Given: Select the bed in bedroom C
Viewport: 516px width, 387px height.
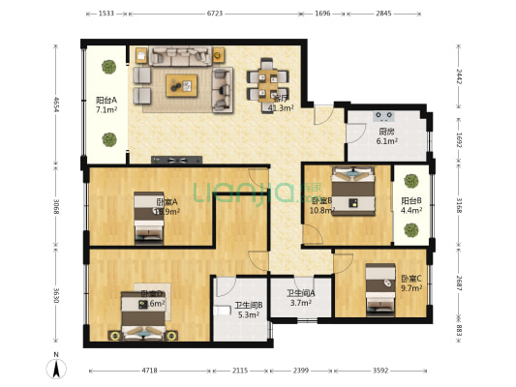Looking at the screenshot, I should click(x=379, y=289).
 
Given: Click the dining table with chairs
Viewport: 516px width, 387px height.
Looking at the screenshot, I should click(x=265, y=81).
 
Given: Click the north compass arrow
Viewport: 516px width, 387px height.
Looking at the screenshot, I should click(x=56, y=368).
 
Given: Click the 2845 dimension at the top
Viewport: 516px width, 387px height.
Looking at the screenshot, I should click(x=384, y=15).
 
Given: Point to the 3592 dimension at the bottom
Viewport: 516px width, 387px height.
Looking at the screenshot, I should click(x=384, y=370).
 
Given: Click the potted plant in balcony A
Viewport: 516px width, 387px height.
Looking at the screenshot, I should click(x=105, y=68).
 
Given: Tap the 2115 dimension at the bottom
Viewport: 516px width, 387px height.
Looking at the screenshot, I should click(x=240, y=370).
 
